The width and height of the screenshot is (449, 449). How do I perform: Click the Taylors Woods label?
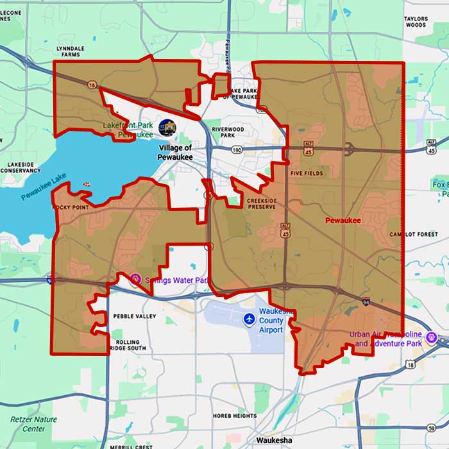point(416,22)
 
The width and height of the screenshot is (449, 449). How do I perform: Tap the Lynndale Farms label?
point(70,52)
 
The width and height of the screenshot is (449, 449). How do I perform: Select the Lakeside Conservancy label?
point(21,168)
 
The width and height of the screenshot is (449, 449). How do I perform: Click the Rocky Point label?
point(68,208)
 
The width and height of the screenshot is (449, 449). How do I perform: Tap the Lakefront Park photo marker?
point(167,126)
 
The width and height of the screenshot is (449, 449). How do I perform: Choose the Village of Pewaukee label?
point(174,152)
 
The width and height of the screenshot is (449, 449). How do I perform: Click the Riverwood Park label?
point(232,132)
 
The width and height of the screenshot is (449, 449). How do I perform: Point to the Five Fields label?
point(307,174)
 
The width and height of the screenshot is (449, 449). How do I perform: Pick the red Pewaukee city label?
point(343,221)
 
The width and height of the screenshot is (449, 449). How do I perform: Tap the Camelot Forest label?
point(413,235)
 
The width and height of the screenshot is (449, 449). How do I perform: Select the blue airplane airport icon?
point(250,319)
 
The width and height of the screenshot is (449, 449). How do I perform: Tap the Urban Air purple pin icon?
point(433,336)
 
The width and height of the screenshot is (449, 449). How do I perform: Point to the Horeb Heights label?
point(235,416)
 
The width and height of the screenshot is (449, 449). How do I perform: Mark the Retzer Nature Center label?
point(33,424)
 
